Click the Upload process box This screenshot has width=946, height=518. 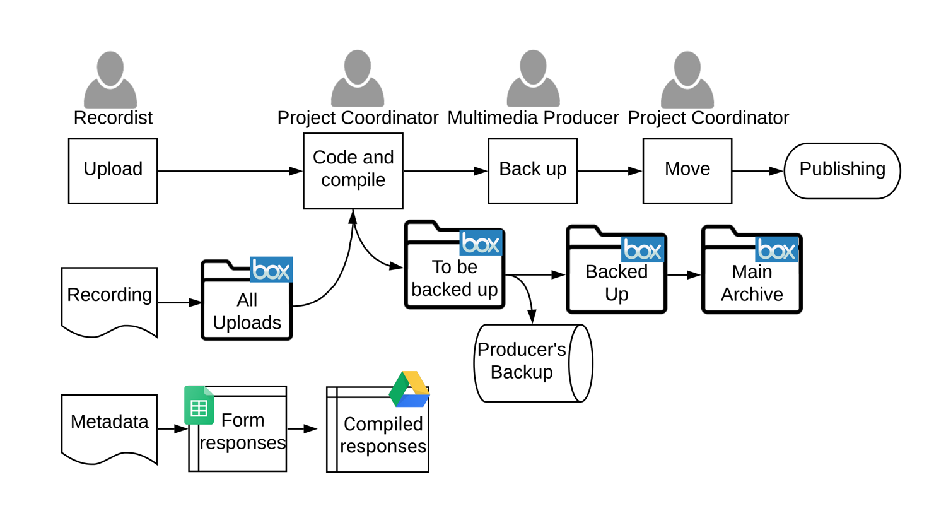[x=113, y=170]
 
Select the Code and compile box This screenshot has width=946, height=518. [x=353, y=170]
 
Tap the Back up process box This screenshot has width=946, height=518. [x=533, y=170]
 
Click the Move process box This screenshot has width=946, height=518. [x=687, y=170]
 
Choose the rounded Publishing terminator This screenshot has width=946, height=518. [x=842, y=170]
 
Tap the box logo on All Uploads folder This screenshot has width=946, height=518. [x=271, y=269]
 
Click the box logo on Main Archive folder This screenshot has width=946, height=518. [x=776, y=250]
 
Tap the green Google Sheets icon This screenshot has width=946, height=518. [x=199, y=405]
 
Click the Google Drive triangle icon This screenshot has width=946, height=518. [x=410, y=389]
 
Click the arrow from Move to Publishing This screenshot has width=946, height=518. [x=757, y=171]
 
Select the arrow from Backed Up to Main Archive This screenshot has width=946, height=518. [x=684, y=275]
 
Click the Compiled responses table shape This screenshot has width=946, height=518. [x=378, y=435]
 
